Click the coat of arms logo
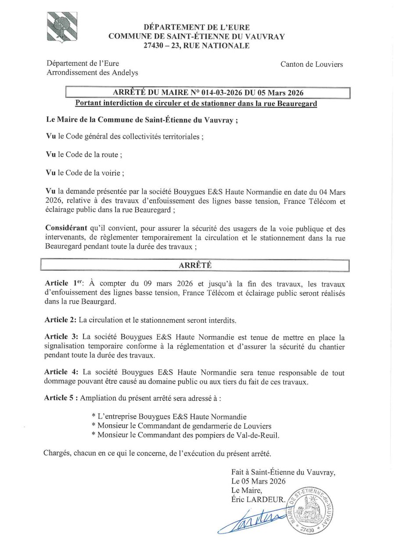tap(62, 28)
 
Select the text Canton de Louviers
tap(312, 64)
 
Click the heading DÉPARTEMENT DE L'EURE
tap(197, 27)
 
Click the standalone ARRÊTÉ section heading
tap(195, 265)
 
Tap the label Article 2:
tap(60, 320)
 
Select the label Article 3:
tap(61, 338)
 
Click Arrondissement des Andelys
tap(92, 73)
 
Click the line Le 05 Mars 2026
tap(258, 481)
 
